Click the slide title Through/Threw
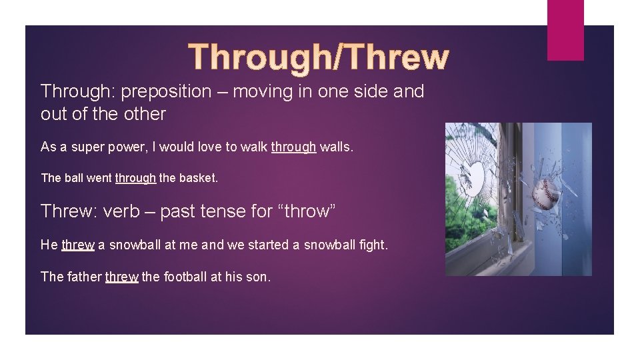319,57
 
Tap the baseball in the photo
546,194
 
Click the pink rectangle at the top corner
565,29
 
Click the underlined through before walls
293,147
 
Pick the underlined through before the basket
135,178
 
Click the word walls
337,147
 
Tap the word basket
198,178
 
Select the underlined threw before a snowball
78,245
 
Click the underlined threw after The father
121,277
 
